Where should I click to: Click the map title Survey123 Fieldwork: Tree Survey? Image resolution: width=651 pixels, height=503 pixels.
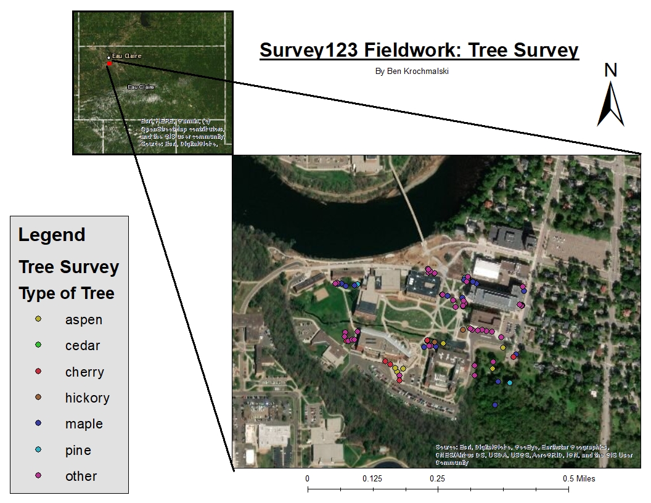[x=419, y=50]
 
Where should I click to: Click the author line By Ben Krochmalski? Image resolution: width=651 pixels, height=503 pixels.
[x=412, y=71]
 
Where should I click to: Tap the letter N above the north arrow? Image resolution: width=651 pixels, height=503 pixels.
[x=610, y=70]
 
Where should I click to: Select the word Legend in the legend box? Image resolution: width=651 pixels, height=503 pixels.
[x=52, y=235]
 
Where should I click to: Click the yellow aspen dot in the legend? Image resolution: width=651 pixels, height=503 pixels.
[x=38, y=319]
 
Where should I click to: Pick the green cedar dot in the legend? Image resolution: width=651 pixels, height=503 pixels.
[x=38, y=345]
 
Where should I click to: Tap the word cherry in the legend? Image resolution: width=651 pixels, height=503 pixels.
[x=84, y=372]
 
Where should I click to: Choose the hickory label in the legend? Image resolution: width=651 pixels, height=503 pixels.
[x=87, y=398]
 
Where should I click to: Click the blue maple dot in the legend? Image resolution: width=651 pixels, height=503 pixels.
[x=38, y=423]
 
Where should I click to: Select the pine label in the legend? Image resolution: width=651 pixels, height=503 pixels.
[x=78, y=450]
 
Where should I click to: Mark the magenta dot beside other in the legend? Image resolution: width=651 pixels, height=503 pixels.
[x=38, y=476]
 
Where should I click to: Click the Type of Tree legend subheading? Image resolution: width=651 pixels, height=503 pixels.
[x=67, y=293]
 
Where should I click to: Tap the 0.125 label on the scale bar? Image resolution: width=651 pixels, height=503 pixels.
[x=372, y=479]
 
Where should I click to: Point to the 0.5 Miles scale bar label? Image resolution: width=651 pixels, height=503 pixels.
[x=578, y=479]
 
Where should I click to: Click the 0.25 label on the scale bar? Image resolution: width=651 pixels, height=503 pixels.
[x=437, y=479]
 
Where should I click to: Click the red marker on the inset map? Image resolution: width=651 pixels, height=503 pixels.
[x=109, y=63]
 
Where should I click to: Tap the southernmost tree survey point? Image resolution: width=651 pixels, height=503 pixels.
[x=495, y=405]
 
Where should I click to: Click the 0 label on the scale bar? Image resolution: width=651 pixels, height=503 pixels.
[x=308, y=479]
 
